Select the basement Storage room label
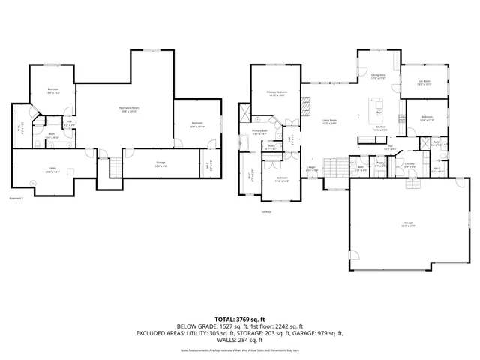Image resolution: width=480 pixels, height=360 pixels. pyautogui.click(x=161, y=165)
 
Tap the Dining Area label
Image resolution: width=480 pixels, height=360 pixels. pyautogui.click(x=378, y=76)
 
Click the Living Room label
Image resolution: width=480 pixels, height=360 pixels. pyautogui.click(x=330, y=121)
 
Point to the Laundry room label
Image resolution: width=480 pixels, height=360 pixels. pyautogui.click(x=409, y=164)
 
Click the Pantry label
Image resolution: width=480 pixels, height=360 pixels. pyautogui.click(x=381, y=164)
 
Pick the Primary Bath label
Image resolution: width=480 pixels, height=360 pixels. pyautogui.click(x=260, y=132)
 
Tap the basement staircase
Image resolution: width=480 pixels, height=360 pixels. pyautogui.click(x=115, y=169)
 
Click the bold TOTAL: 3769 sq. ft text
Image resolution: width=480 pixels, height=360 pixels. pyautogui.click(x=240, y=318)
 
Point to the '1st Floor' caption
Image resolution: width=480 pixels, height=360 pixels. pyautogui.click(x=266, y=212)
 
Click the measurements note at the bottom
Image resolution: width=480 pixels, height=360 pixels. pyautogui.click(x=240, y=349)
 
